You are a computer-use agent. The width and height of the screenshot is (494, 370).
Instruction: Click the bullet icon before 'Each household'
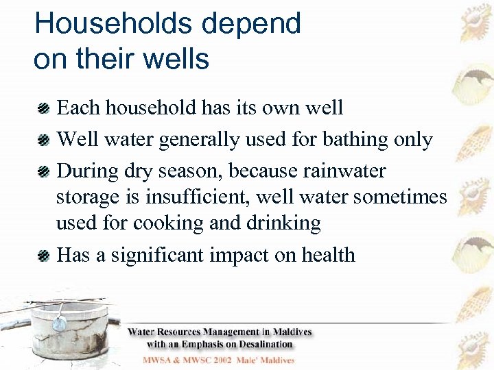(x=43, y=108)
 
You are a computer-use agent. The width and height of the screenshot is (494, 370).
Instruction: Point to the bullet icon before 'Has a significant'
(x=43, y=256)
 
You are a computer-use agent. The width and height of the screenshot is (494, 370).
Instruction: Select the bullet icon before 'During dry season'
(x=43, y=171)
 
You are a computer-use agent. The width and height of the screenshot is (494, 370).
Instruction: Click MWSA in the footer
(x=158, y=360)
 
